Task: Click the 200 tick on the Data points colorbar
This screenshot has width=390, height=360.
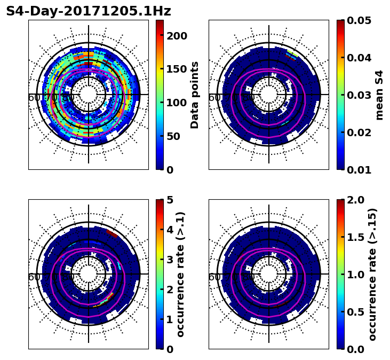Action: click(x=177, y=36)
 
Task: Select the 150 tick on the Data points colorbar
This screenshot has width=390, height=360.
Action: click(x=177, y=69)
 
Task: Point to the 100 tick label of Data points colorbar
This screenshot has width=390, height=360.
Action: click(x=177, y=103)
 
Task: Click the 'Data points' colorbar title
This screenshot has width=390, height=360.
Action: click(x=195, y=95)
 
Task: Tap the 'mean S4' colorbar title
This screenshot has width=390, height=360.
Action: click(x=379, y=95)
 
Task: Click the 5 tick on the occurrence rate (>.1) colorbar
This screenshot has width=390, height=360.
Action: click(x=170, y=200)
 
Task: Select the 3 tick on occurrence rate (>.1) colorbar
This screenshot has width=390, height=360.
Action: click(x=170, y=260)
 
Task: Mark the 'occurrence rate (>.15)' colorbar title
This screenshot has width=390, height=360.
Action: click(x=372, y=274)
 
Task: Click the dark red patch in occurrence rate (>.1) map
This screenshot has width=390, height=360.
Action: click(x=112, y=233)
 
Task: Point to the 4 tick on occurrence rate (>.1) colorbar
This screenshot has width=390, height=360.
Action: click(x=170, y=230)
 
